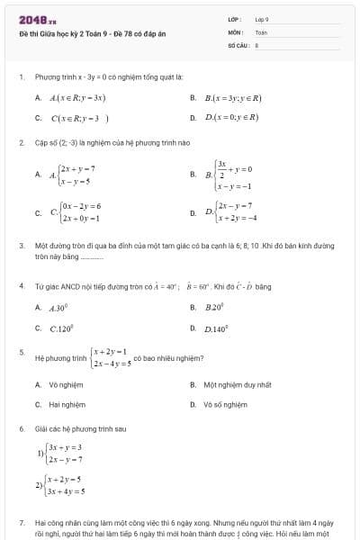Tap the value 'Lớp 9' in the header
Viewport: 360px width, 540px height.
pyautogui.click(x=262, y=19)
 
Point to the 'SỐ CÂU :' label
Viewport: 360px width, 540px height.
pyautogui.click(x=237, y=43)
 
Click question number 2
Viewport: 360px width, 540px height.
pyautogui.click(x=22, y=143)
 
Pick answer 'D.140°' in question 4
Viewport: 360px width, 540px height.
pyautogui.click(x=217, y=328)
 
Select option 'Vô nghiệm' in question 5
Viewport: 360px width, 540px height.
pyautogui.click(x=65, y=384)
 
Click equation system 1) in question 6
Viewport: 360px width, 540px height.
pyautogui.click(x=63, y=453)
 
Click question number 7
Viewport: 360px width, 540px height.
pyautogui.click(x=22, y=522)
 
